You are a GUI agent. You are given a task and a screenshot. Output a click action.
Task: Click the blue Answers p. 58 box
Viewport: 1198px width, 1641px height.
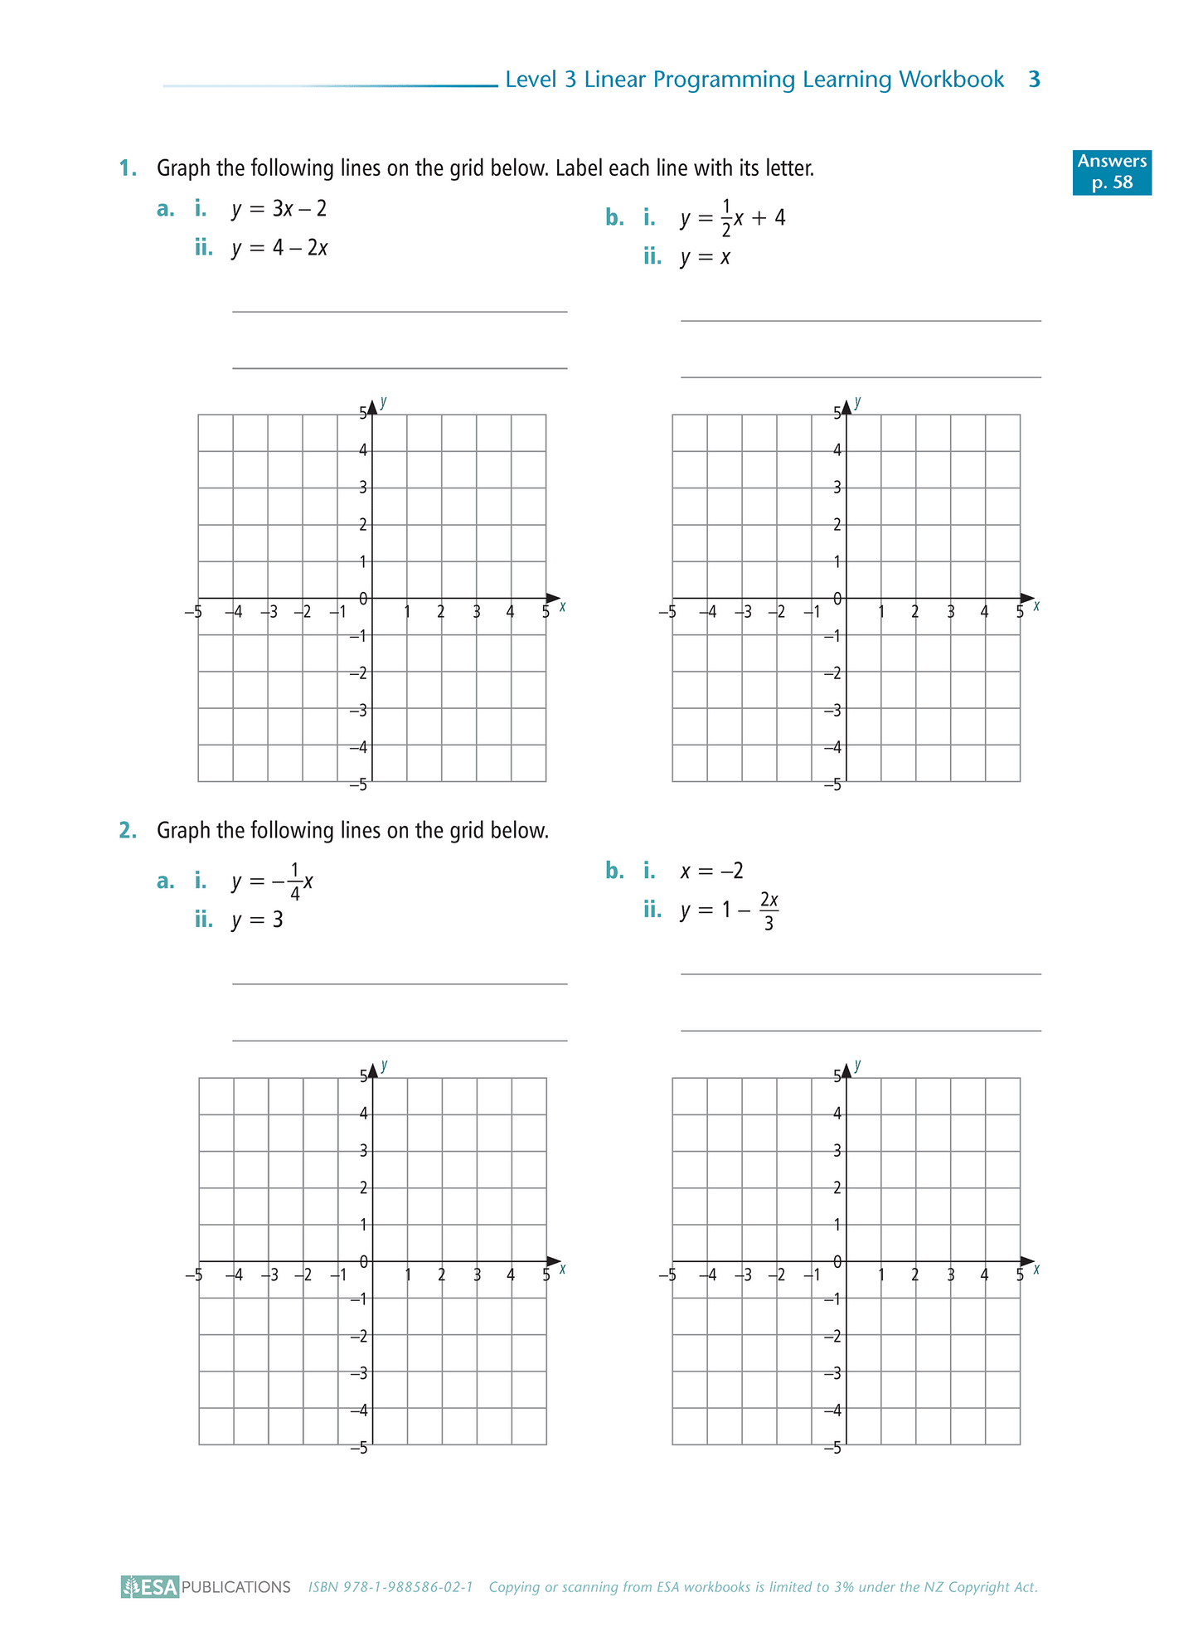tap(1111, 172)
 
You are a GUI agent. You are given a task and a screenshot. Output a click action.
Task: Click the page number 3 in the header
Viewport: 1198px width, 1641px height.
tap(1034, 80)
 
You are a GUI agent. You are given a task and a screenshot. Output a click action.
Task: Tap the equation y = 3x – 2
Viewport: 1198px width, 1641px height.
tap(279, 209)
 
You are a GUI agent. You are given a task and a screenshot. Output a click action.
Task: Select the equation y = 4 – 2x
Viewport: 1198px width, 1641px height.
tap(279, 248)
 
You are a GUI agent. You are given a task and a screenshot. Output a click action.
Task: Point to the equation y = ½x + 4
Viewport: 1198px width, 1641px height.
tap(733, 218)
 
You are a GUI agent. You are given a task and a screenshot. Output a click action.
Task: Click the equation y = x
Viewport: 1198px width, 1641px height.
tap(706, 257)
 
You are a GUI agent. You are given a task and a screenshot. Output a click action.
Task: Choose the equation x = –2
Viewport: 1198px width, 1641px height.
tap(712, 871)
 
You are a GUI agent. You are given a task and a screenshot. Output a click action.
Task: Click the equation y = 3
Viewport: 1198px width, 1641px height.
tap(258, 920)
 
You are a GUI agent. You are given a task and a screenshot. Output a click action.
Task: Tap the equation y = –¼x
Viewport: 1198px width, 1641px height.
tap(273, 881)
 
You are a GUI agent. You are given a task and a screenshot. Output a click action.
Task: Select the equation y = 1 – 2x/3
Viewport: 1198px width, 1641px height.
tap(730, 910)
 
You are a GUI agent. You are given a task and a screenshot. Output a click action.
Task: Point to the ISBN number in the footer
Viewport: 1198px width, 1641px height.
tap(390, 1587)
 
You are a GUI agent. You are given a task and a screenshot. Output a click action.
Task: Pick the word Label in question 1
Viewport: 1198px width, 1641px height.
tap(580, 168)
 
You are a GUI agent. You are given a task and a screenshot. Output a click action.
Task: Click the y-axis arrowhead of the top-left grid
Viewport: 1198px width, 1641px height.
tap(372, 406)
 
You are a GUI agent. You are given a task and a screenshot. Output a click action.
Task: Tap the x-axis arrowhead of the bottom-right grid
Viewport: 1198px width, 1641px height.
tap(1027, 1261)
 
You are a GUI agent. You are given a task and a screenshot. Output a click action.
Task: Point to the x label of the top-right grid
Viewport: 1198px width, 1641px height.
tap(1036, 606)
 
